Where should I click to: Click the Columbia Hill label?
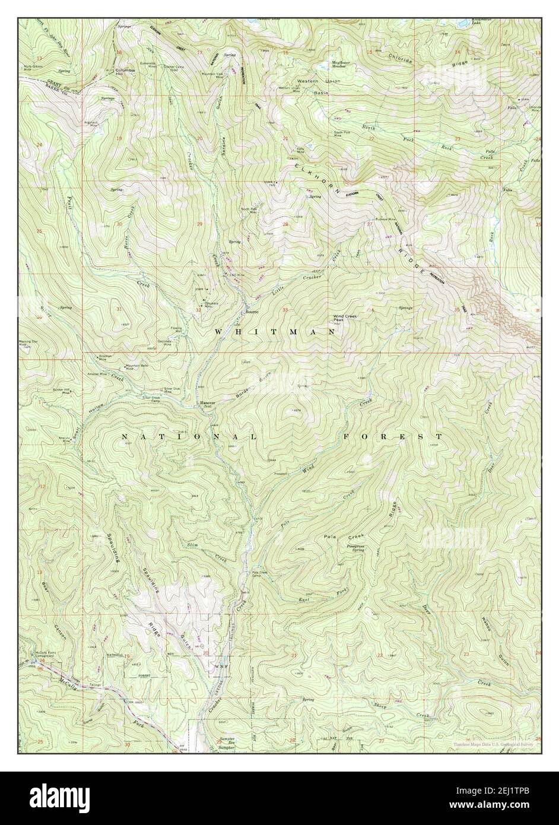pyautogui.click(x=126, y=72)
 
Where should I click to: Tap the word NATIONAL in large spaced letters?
pyautogui.click(x=189, y=437)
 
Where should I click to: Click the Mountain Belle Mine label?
pyautogui.click(x=136, y=367)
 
